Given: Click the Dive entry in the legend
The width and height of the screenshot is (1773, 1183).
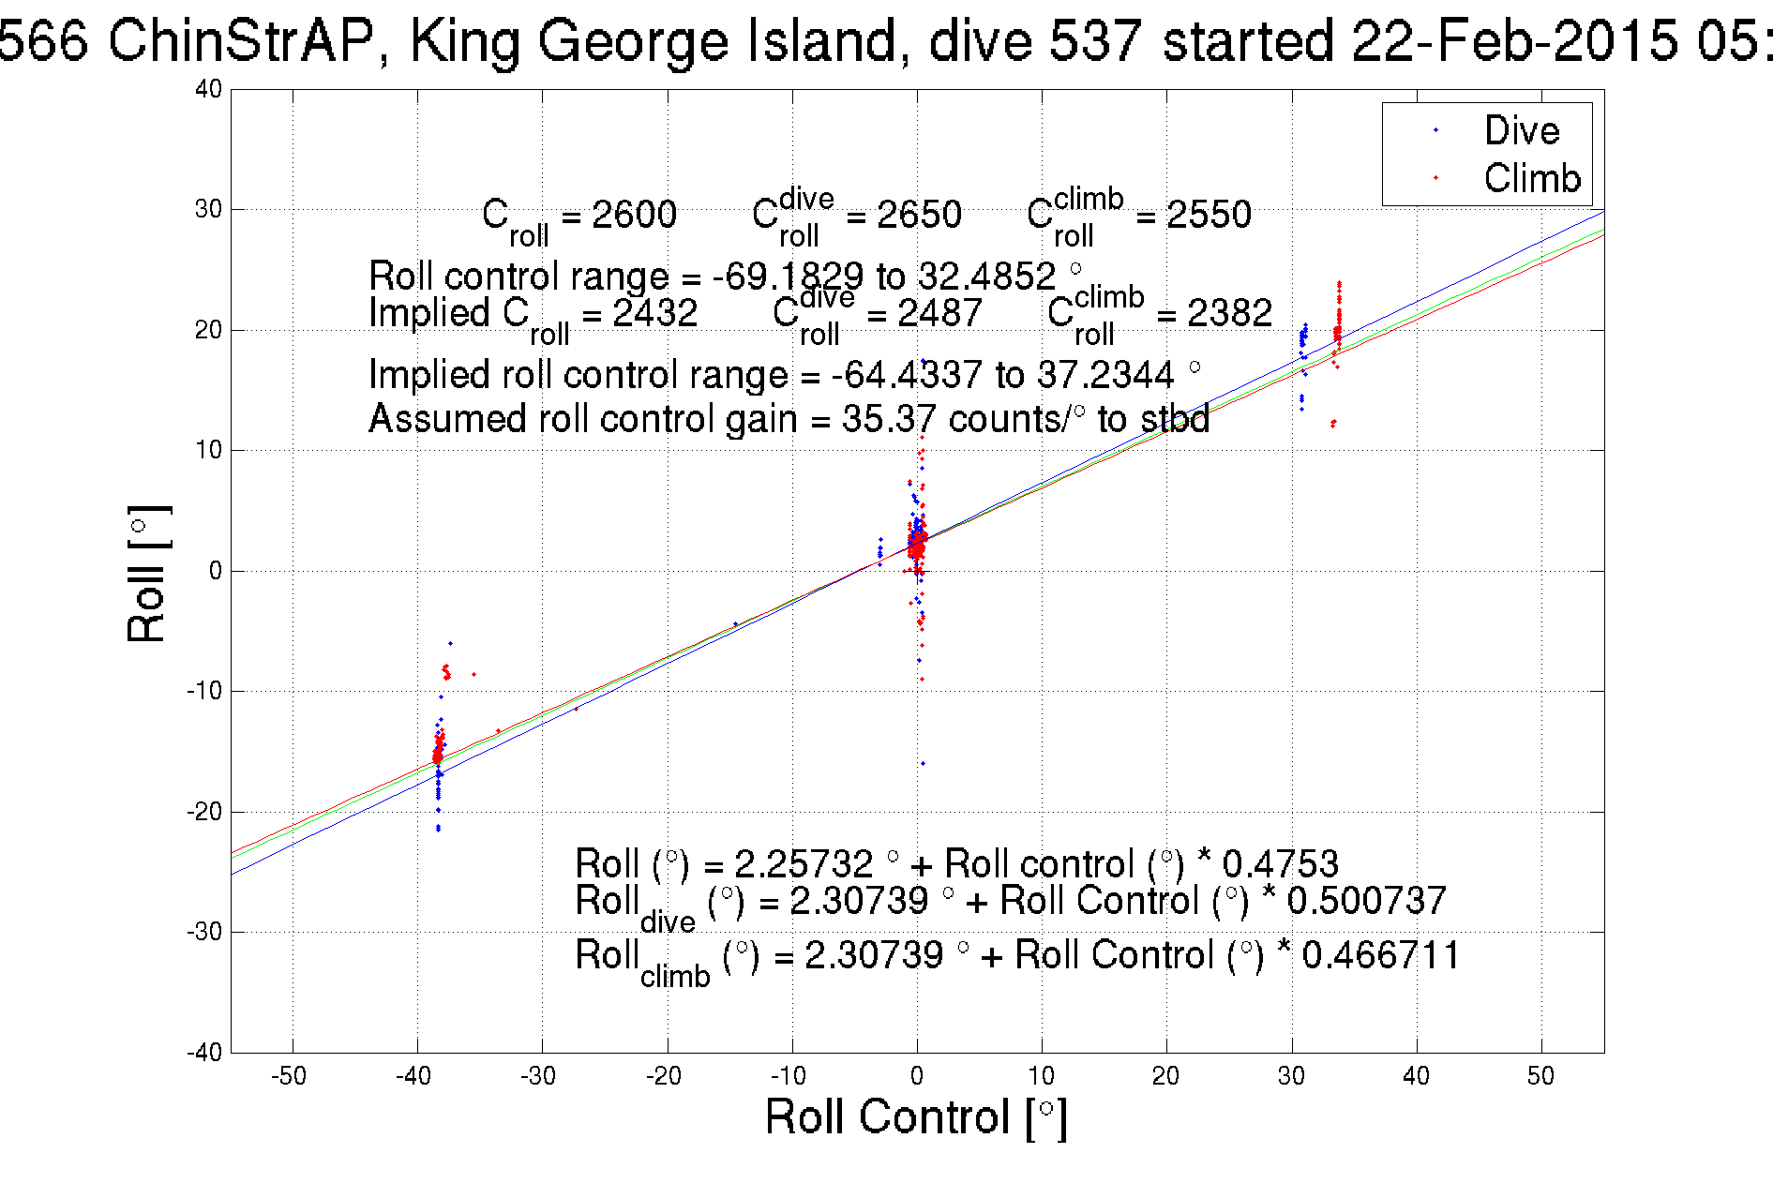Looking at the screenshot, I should click(1521, 131).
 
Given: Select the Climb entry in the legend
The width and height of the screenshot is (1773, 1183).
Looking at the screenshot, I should click(1531, 178).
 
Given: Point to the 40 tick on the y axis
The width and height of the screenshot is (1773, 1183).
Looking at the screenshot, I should click(209, 90).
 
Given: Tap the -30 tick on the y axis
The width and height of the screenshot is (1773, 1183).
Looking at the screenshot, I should click(204, 932).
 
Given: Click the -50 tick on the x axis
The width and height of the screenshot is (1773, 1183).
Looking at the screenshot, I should click(289, 1076).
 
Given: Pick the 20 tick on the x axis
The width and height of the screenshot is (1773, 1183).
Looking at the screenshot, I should click(1165, 1076).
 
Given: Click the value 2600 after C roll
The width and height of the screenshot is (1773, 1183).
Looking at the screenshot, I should click(634, 215).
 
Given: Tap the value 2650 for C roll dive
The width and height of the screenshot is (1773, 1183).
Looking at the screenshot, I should click(919, 215).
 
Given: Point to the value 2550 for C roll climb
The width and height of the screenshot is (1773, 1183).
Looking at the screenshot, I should click(1209, 215).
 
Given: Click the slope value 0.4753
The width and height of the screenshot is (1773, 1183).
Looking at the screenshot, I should click(1280, 863).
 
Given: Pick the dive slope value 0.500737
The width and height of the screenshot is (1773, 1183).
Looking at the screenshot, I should click(1366, 901).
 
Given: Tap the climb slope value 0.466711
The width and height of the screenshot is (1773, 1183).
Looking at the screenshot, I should click(1381, 955).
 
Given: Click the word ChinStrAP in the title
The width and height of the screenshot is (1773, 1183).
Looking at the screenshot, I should click(242, 41).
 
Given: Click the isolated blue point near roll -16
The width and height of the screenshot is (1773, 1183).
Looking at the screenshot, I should click(923, 763).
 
